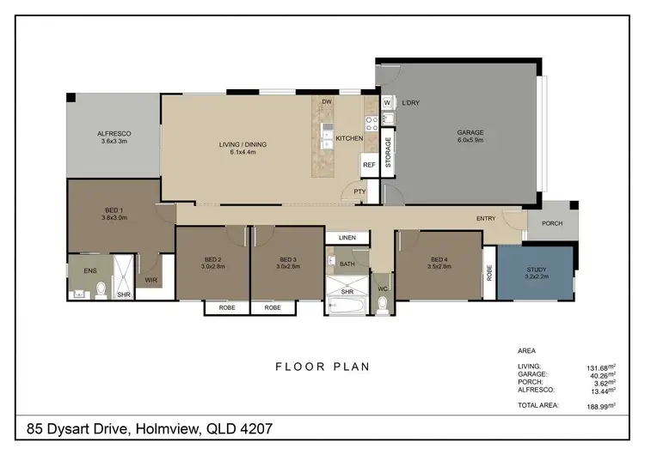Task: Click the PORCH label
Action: (x=552, y=223)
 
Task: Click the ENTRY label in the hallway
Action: (x=486, y=219)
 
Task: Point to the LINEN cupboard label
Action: (x=347, y=237)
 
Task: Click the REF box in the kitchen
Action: (x=369, y=164)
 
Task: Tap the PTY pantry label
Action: (x=359, y=192)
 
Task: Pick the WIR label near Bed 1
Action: (x=150, y=280)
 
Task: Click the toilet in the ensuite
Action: (x=100, y=289)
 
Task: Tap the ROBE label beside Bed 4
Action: (x=488, y=272)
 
